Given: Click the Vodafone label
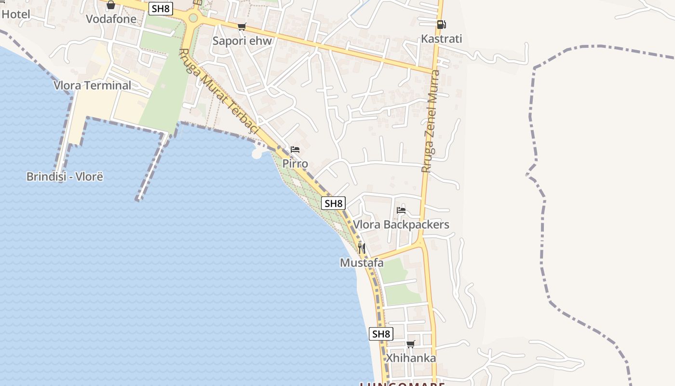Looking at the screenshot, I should (x=108, y=19).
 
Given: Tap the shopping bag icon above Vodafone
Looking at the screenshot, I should (x=111, y=5).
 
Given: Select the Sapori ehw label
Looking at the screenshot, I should (x=242, y=41).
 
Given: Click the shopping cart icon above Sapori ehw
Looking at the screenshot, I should (x=242, y=27).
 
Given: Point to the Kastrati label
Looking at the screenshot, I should (x=441, y=39).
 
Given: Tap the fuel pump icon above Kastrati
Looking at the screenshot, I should (x=441, y=24).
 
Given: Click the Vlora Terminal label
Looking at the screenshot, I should (x=92, y=85).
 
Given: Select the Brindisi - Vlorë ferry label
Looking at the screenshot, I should (x=65, y=176).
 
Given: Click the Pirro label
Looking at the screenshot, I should (x=295, y=164).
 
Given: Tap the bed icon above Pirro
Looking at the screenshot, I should (x=295, y=150).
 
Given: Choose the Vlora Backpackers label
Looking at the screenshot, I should (x=401, y=224).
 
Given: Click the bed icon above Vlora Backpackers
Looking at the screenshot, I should (x=401, y=210).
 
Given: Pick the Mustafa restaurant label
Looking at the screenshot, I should (x=362, y=263).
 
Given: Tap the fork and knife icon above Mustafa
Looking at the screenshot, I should (x=362, y=248).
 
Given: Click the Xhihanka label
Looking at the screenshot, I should (x=411, y=358).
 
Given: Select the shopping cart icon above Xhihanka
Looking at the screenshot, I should (x=410, y=344).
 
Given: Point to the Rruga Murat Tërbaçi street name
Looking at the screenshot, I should (x=219, y=92).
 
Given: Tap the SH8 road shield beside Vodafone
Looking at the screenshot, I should (x=161, y=9).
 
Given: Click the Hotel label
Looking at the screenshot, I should (x=15, y=14).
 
